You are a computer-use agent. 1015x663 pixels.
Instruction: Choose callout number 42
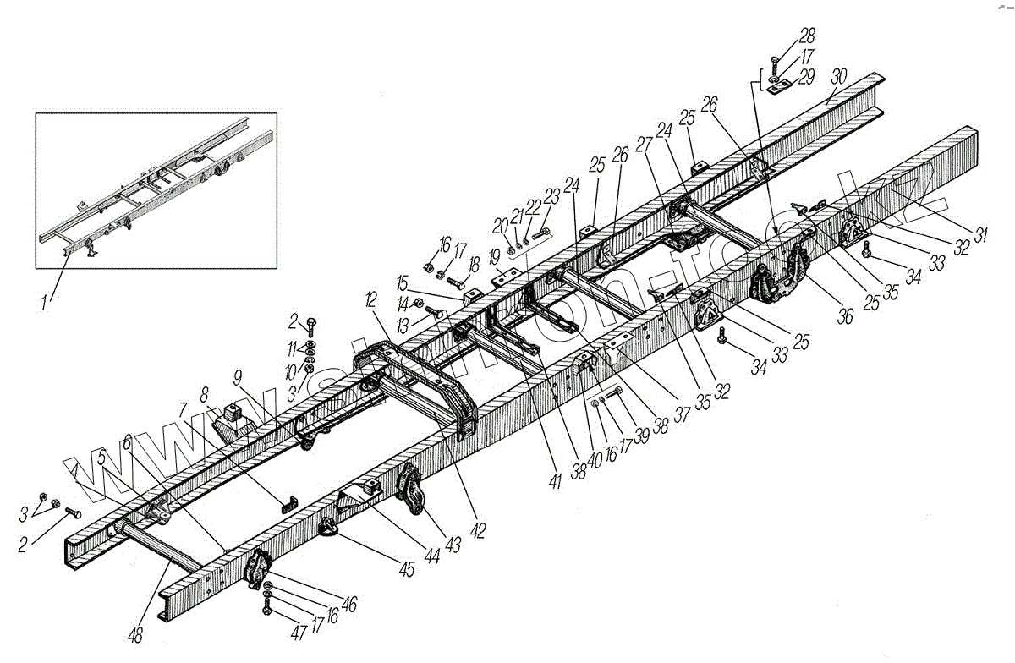tap(478, 531)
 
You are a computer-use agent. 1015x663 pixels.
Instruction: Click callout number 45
tap(407, 569)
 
